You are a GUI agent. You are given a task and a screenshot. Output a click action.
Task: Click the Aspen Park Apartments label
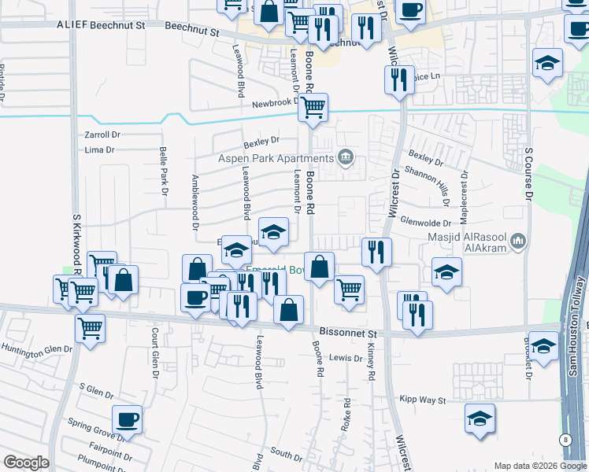tap(276, 158)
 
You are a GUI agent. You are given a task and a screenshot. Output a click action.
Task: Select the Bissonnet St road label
tap(349, 333)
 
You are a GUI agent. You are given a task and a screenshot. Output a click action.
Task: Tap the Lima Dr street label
tap(99, 149)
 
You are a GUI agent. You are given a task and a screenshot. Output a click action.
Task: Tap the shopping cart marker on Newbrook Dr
tap(313, 107)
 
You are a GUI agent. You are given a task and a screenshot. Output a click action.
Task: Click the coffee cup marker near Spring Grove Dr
tap(127, 419)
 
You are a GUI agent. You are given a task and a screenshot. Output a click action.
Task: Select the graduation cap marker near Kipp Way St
tap(479, 418)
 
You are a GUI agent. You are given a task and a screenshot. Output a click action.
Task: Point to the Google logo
tap(26, 463)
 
